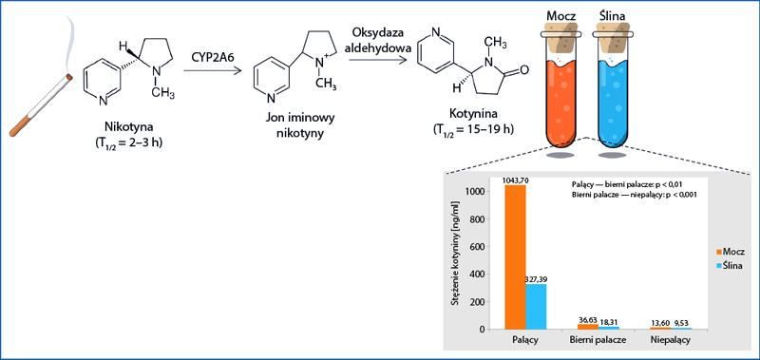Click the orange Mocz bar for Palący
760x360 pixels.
coord(515,256)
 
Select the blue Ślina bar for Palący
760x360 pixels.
coord(536,307)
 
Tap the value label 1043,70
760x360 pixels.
coord(515,180)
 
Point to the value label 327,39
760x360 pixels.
coord(536,280)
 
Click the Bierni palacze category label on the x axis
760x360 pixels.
coord(598,340)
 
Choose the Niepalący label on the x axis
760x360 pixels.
coord(672,340)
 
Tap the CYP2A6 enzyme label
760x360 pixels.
coord(212,58)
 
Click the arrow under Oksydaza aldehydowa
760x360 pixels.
coord(377,60)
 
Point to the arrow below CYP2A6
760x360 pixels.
coord(212,70)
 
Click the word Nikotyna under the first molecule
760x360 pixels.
coord(128,127)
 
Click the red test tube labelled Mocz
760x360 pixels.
coord(562,97)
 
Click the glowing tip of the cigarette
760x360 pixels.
coord(69,77)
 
